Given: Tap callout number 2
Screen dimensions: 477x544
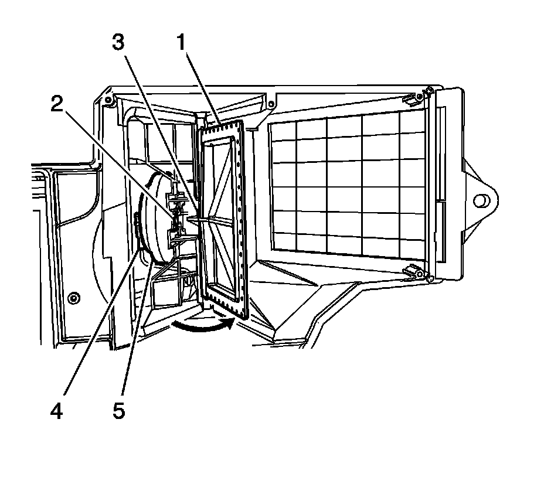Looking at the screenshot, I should pos(56,104).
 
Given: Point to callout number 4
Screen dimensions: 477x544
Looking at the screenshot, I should pos(56,411).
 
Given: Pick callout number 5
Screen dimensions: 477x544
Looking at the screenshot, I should pos(118,411).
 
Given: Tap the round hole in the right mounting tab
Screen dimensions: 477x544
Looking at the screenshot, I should pos(480,200).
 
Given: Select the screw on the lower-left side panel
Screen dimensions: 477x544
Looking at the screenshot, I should pos(72,298).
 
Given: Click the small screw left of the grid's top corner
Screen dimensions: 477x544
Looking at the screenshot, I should pos(270,105).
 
